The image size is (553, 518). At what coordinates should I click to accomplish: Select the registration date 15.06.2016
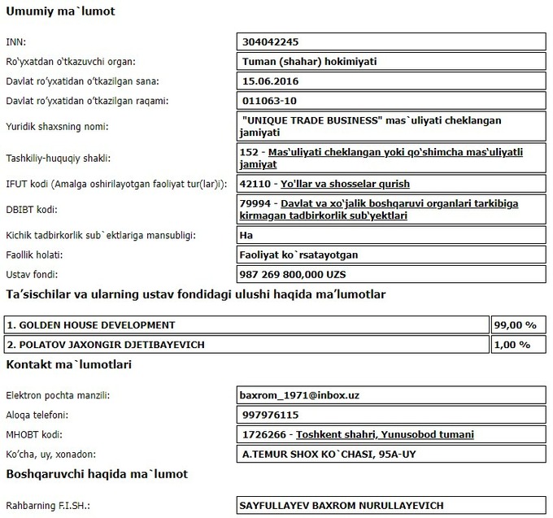(x=272, y=81)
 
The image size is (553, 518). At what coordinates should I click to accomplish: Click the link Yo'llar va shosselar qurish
(x=345, y=184)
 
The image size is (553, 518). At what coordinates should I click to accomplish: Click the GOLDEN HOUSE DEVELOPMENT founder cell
(x=90, y=324)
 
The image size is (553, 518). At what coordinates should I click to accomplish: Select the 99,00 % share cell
(x=515, y=324)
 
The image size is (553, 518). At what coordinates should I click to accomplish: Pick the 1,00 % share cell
(x=513, y=344)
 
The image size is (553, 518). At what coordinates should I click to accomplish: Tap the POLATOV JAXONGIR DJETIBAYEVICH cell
(x=105, y=344)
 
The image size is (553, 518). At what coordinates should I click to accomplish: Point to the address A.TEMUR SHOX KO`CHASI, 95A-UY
(x=323, y=454)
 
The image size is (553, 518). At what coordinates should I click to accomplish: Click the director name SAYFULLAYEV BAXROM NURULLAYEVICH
(x=341, y=505)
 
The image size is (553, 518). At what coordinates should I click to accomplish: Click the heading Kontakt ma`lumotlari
(x=69, y=364)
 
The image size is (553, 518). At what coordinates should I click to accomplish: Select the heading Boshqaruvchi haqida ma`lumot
(x=97, y=473)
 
